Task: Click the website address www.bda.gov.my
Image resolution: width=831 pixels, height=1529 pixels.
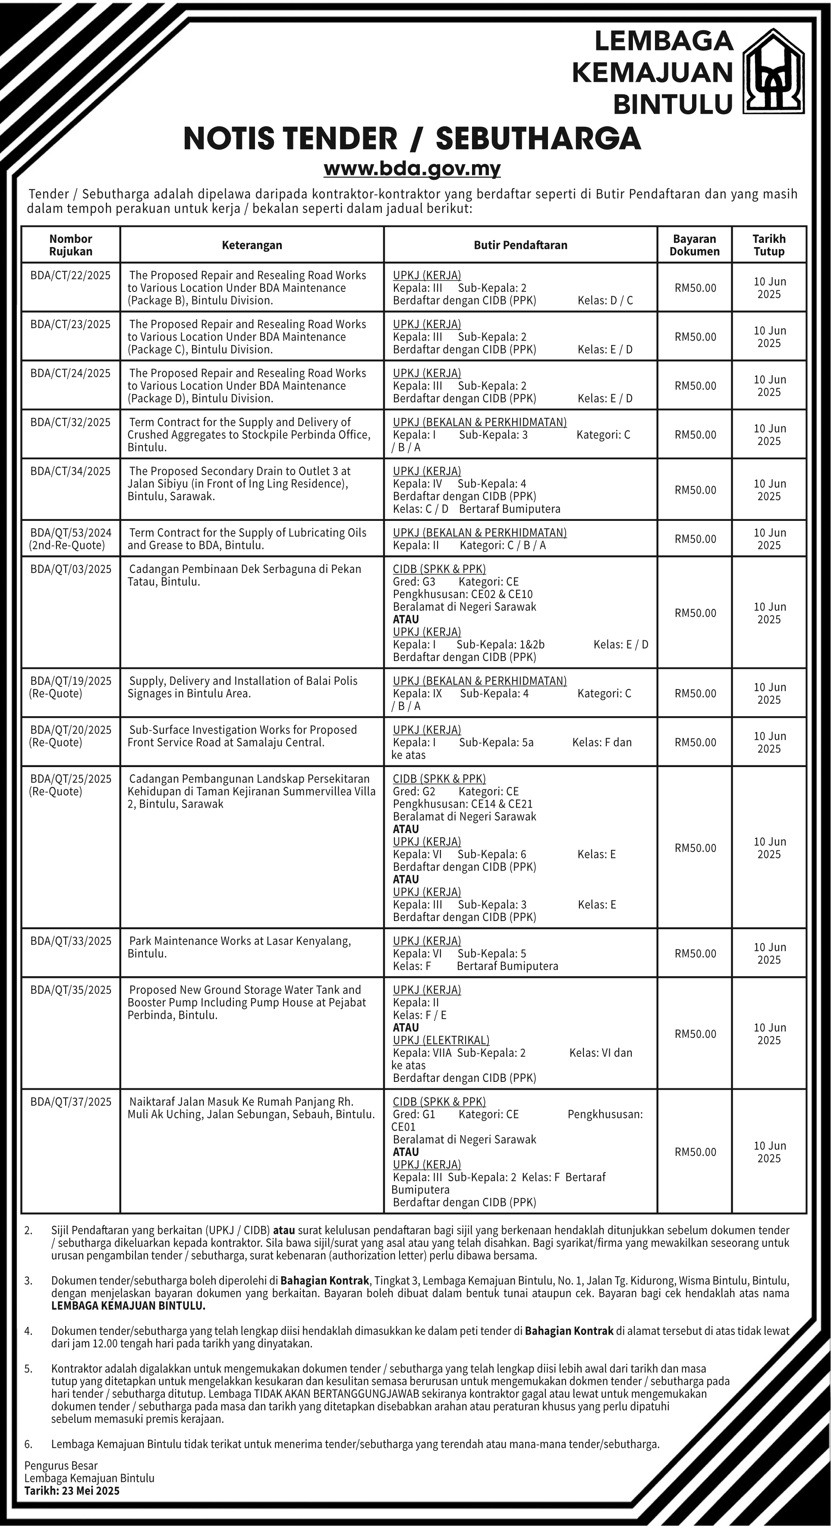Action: (412, 169)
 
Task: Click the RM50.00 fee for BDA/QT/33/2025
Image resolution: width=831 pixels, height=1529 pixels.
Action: (695, 953)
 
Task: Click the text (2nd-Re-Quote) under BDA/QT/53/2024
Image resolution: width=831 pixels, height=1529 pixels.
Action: (66, 545)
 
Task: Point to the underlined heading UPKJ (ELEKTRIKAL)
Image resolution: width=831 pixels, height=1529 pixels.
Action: (441, 1040)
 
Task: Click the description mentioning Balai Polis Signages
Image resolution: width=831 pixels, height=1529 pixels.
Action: (243, 687)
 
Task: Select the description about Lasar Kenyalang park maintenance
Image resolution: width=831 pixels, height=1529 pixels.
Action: (240, 947)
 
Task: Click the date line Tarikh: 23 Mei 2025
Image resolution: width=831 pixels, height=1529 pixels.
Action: (72, 1491)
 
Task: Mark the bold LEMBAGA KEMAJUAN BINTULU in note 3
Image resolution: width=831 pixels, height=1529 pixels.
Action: (128, 1306)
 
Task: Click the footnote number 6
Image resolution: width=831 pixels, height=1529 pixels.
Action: (28, 1444)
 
